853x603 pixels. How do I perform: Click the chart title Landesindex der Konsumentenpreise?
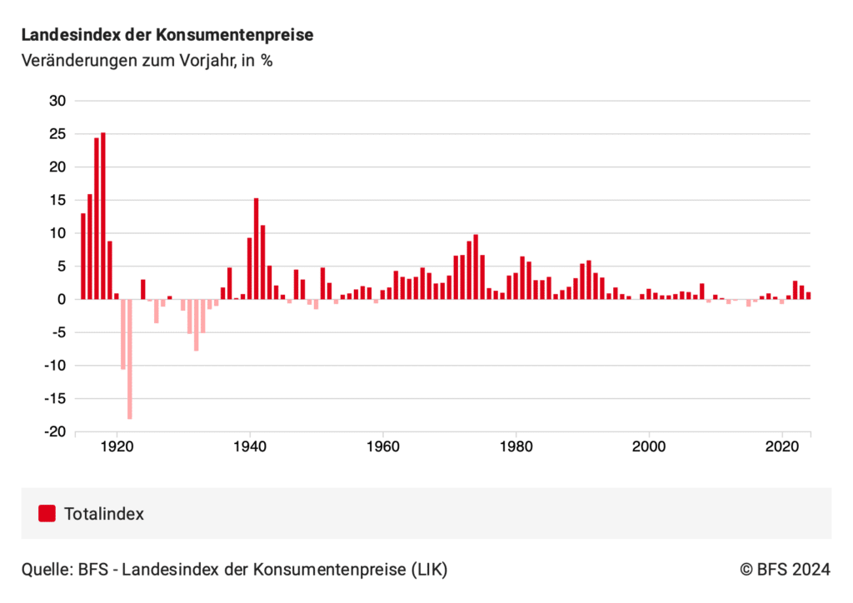167,36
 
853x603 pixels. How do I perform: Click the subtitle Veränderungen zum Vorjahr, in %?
147,61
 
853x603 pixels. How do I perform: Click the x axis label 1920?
117,446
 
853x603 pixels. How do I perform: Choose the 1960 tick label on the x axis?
383,446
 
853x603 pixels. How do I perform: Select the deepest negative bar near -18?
130,358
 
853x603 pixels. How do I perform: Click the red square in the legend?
47,514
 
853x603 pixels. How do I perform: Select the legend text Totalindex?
104,514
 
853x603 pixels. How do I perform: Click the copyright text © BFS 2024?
785,570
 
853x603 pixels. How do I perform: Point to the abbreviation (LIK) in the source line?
428,570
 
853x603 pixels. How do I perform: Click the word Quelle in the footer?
47,570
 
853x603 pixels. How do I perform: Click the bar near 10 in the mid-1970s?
476,267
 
